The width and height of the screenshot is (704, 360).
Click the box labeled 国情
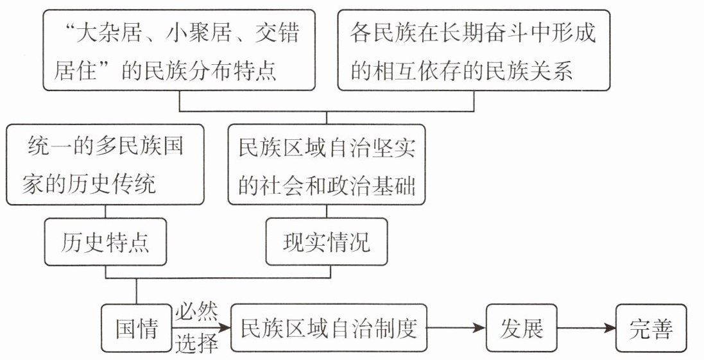click(x=136, y=328)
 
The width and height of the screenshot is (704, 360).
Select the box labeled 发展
click(x=521, y=328)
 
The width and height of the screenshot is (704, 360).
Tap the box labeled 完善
click(x=651, y=328)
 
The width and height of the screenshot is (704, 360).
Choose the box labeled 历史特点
click(x=105, y=242)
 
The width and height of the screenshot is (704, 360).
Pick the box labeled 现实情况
click(x=327, y=242)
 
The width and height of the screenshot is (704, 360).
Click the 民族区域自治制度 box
click(x=329, y=328)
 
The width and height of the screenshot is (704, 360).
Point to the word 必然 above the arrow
click(x=196, y=312)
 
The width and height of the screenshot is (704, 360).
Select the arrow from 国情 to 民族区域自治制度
click(x=201, y=328)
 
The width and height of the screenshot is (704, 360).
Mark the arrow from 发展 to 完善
click(x=586, y=328)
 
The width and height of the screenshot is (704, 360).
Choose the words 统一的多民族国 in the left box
click(x=105, y=146)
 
